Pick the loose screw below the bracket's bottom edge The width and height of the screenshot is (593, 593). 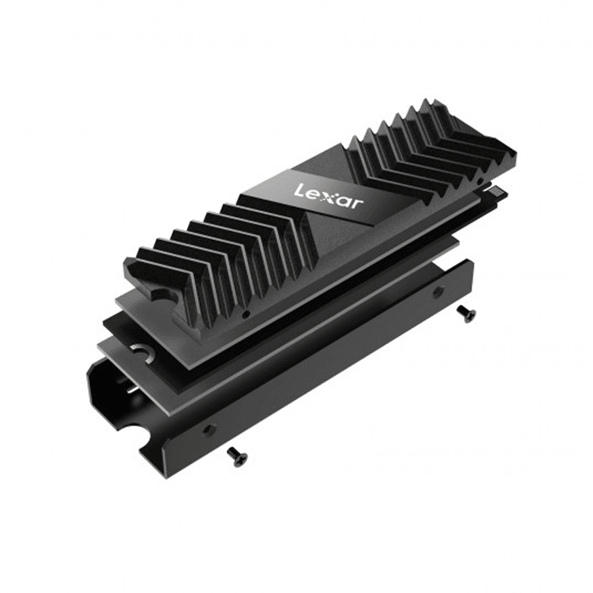(x=238, y=457)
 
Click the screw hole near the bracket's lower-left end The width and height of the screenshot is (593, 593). (x=207, y=430)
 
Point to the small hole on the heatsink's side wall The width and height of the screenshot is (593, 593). (x=246, y=315)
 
